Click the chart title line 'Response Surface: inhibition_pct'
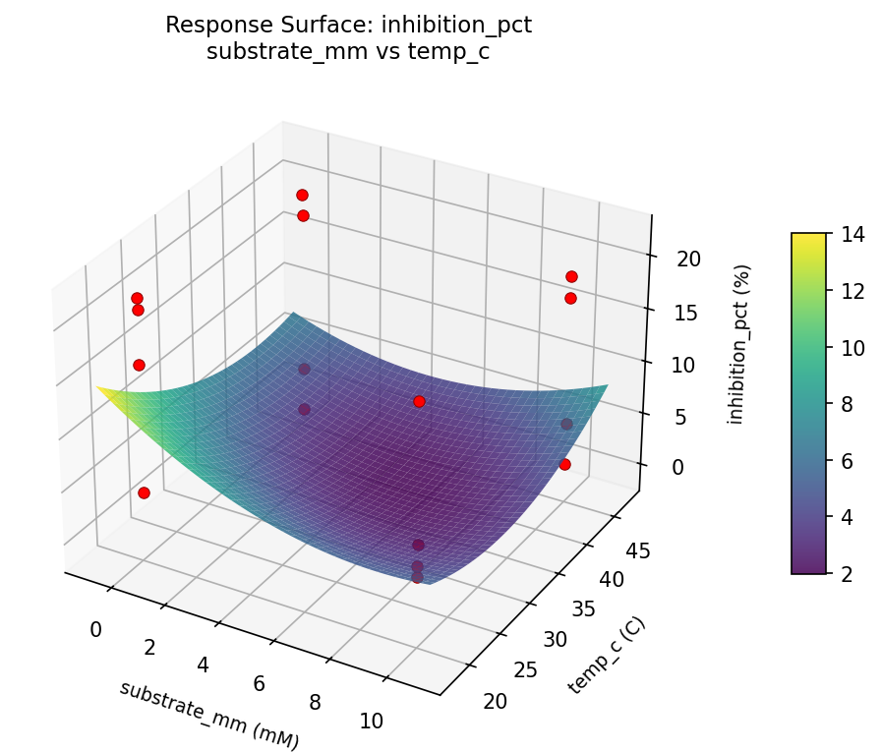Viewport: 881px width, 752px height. click(348, 26)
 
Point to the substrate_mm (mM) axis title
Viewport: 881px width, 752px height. click(208, 715)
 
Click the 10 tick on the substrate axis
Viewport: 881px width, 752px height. click(372, 721)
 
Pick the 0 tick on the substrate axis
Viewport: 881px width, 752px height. click(95, 629)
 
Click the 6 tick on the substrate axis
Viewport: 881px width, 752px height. click(260, 683)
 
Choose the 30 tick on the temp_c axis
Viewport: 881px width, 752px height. click(556, 639)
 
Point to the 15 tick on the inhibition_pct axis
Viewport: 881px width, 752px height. click(687, 313)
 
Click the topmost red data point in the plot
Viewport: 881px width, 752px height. click(302, 195)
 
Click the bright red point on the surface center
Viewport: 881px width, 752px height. click(419, 401)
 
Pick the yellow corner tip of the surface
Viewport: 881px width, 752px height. click(99, 387)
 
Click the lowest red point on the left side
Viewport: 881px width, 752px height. click(144, 492)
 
